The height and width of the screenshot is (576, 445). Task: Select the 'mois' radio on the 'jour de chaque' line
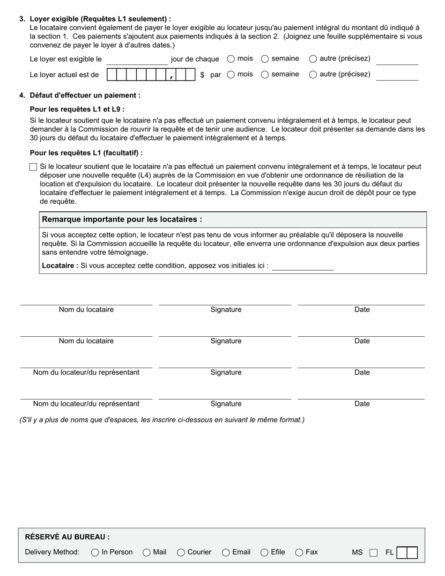231,59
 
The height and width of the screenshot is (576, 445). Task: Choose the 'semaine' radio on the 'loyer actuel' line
265,74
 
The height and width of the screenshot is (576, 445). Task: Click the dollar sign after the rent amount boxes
202,75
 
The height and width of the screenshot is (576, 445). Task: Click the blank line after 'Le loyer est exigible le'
137,60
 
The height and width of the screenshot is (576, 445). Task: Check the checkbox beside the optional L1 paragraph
33,167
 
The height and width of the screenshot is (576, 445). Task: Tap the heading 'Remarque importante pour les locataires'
122,220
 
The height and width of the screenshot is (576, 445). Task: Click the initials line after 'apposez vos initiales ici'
303,267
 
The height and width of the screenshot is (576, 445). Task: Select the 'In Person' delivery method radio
95,553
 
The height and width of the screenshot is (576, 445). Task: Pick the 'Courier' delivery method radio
181,553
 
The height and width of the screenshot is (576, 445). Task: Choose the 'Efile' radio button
264,553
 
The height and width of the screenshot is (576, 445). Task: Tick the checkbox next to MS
373,553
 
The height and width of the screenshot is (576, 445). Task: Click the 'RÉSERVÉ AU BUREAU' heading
67,537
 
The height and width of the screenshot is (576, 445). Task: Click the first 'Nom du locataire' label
86,310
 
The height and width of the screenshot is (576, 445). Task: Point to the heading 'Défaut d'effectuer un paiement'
85,96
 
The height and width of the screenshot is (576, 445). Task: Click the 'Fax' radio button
299,553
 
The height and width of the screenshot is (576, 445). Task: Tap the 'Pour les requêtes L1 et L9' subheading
77,109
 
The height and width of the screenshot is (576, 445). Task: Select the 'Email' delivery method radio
226,553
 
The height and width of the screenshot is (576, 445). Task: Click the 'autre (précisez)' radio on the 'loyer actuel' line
313,74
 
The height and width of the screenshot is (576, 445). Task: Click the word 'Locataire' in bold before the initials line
60,266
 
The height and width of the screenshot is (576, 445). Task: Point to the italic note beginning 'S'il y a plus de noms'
162,420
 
